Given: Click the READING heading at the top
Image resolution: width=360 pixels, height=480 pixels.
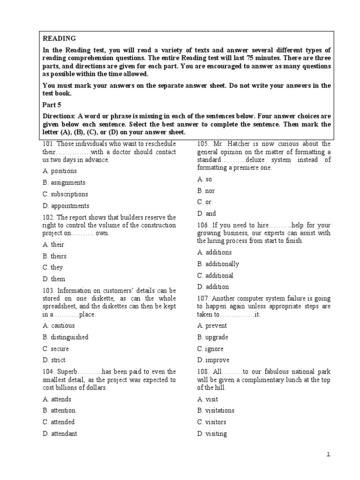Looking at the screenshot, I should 59,38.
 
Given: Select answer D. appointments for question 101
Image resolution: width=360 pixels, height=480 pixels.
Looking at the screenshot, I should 66,206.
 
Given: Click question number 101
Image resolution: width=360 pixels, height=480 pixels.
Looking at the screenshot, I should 48,144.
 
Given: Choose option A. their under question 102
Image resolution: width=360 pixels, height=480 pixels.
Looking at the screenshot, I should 53,245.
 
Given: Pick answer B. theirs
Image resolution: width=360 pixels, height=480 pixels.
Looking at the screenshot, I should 54,256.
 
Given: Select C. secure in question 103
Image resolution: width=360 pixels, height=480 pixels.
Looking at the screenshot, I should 56,349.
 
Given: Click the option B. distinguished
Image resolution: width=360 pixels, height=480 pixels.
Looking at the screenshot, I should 66,337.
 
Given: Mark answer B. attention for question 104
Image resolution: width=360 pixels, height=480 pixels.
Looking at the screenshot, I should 59,411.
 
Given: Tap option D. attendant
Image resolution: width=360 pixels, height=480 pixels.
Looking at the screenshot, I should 60,434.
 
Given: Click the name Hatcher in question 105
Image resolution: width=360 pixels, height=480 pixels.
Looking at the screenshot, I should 240,144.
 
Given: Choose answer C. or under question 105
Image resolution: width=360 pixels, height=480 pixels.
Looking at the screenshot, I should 204,202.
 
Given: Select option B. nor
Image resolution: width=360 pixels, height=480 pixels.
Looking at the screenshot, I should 206,191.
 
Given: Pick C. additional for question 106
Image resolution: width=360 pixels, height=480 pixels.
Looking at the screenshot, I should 216,276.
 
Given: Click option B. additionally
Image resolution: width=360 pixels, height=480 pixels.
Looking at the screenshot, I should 218,264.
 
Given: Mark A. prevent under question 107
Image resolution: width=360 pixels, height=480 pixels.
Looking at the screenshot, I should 212,326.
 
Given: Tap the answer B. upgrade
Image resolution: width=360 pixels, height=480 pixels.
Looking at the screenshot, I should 213,337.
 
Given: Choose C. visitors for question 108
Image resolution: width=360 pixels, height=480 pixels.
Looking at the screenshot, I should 212,422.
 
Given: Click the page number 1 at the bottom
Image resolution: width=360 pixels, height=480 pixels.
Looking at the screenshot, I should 329,454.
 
